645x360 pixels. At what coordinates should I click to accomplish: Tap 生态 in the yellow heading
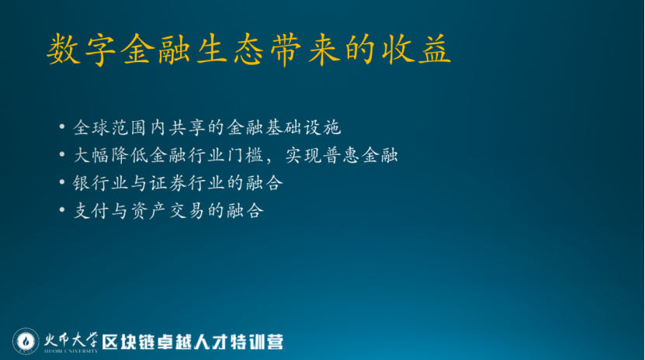231,50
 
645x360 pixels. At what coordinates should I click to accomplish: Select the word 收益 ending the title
416,50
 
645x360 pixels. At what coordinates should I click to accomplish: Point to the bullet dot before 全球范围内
61,126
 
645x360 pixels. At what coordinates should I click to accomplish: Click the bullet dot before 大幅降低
61,154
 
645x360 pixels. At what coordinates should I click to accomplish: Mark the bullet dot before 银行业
61,182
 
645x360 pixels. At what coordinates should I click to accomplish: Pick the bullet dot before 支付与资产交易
61,209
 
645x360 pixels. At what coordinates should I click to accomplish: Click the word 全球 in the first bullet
91,127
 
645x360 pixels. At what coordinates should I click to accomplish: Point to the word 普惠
342,155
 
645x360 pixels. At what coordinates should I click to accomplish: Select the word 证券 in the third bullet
168,183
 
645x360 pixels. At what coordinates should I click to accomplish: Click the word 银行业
100,183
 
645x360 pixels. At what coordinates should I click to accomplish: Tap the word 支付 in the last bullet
91,211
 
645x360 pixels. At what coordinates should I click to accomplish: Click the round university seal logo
26,341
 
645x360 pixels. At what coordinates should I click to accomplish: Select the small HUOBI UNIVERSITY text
71,351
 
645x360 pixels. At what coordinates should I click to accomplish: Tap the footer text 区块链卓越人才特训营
192,342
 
